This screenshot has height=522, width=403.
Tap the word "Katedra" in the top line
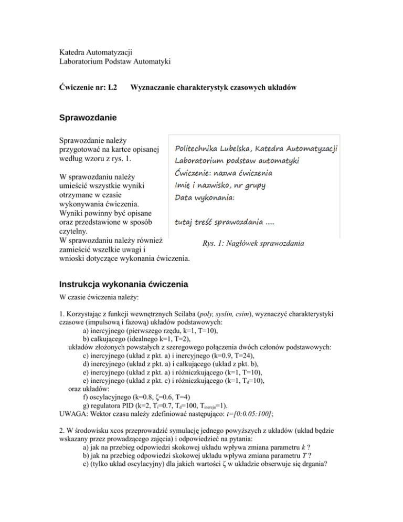(x=72, y=52)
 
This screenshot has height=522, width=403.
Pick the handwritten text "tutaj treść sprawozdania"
(x=222, y=223)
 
